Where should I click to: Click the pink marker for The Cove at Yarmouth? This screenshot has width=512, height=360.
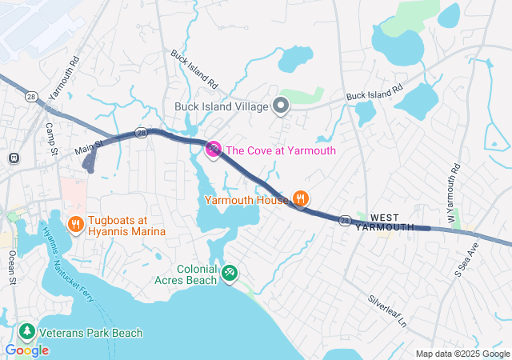[x=214, y=149]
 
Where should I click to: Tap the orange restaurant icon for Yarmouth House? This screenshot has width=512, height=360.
[x=301, y=198]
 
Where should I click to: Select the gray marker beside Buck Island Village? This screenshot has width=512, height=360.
[x=281, y=106]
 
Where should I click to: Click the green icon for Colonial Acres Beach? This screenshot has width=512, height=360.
[x=230, y=274]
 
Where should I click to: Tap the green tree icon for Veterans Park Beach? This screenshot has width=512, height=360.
[x=26, y=332]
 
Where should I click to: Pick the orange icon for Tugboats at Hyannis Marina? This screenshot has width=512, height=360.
[x=76, y=224]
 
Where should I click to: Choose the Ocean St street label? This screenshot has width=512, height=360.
[x=12, y=266]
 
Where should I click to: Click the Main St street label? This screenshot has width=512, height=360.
[x=90, y=146]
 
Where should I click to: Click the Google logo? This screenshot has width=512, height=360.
[x=26, y=350]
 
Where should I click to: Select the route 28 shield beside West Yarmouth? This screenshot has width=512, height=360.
[x=344, y=219]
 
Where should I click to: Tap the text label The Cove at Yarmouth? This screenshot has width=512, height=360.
[x=280, y=150]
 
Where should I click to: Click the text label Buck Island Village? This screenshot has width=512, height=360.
[x=221, y=106]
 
